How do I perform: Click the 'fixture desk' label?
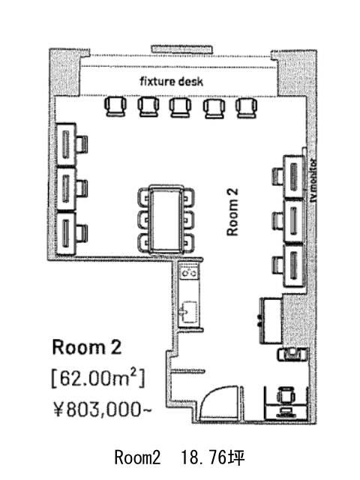coord(172,82)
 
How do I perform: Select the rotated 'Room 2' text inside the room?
coord(232,211)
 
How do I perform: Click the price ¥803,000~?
coord(102,409)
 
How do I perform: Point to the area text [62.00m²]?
coord(98,378)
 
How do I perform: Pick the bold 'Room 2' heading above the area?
coord(87,347)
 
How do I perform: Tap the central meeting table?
coord(166,219)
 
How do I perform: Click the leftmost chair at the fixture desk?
coord(115,106)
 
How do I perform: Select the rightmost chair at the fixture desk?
coord(247,108)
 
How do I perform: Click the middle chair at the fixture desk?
coord(180,107)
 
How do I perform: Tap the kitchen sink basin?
coord(188,312)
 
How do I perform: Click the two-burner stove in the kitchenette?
coord(188,272)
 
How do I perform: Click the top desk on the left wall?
coord(67,145)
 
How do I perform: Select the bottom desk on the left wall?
coord(67,233)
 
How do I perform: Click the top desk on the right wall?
coord(294,177)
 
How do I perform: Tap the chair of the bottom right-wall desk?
coord(278,265)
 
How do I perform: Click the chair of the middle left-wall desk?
coord(82,188)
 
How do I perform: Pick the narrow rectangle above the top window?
coord(181,49)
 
